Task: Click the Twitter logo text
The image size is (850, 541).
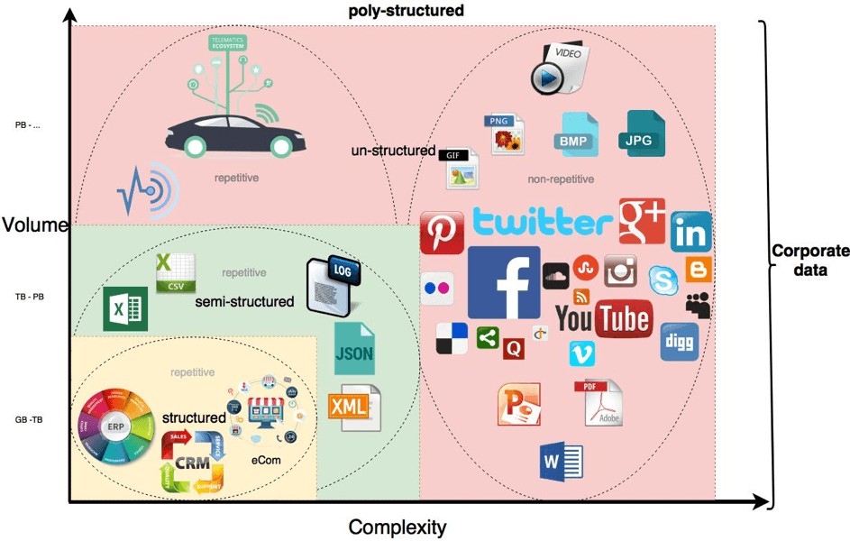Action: point(543,222)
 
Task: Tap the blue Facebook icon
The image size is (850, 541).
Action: point(503,282)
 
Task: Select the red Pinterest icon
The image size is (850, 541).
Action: point(442,234)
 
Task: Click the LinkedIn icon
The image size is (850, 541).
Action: point(690,233)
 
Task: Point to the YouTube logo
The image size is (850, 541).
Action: point(603,318)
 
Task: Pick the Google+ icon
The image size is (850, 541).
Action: point(641,221)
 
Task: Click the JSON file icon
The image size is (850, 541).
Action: point(353,348)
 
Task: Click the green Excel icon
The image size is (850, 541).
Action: point(124,309)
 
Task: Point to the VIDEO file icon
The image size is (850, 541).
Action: point(559,69)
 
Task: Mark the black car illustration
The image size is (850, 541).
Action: point(235,136)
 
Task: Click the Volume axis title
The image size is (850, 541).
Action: point(34,225)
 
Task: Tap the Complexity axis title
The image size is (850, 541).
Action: point(397,527)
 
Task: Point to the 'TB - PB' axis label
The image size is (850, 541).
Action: point(29,297)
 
